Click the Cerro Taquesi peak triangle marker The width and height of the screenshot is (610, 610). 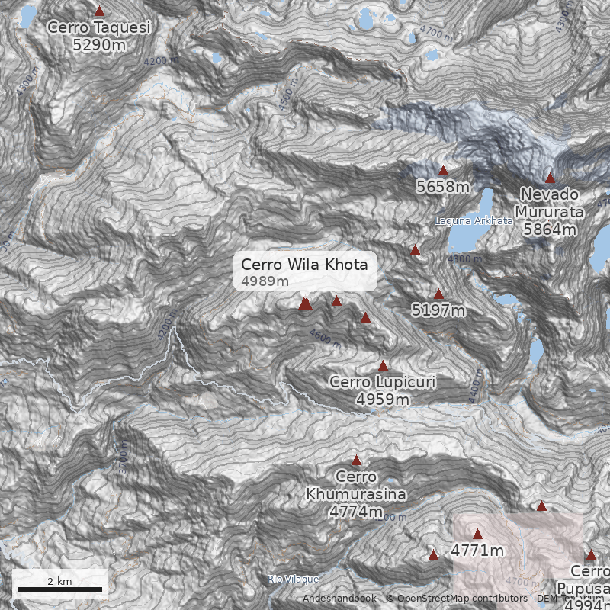pyautogui.click(x=99, y=11)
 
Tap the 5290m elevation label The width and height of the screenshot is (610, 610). pyautogui.click(x=99, y=45)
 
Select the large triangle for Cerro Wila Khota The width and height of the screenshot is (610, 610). pyautogui.click(x=306, y=304)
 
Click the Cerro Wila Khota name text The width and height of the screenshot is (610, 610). pyautogui.click(x=304, y=265)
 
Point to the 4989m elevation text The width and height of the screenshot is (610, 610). pyautogui.click(x=265, y=281)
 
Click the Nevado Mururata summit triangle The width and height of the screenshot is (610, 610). pyautogui.click(x=550, y=178)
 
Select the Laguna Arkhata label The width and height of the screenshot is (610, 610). pyautogui.click(x=474, y=220)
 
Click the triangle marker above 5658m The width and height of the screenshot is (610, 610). pyautogui.click(x=443, y=170)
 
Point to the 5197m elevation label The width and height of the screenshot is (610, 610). pyautogui.click(x=438, y=310)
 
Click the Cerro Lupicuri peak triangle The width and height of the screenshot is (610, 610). pyautogui.click(x=384, y=366)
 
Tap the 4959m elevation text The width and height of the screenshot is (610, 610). pyautogui.click(x=383, y=399)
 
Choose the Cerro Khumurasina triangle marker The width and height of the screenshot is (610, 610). pyautogui.click(x=356, y=461)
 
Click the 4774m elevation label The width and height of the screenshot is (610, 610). pyautogui.click(x=356, y=511)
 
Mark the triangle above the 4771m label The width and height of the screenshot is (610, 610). pyautogui.click(x=478, y=535)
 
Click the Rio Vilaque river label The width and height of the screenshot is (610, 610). pyautogui.click(x=294, y=579)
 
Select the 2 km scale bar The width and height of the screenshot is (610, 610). pyautogui.click(x=59, y=589)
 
